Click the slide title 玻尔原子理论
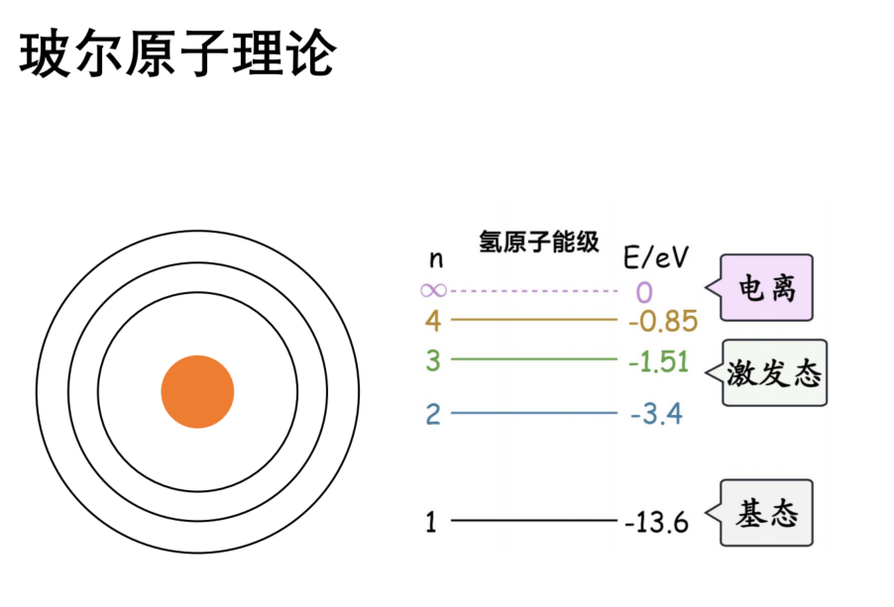pos(177,54)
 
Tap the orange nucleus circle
pos(197,392)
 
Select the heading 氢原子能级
pos(539,242)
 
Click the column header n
pos(435,259)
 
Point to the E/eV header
pos(656,257)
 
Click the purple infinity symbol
pos(433,291)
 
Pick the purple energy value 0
pos(644,293)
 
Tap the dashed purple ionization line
pos(534,291)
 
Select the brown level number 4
pos(433,321)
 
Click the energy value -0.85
pos(663,321)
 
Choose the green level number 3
pos(433,360)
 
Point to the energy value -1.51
pos(658,361)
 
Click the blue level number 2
pos(433,414)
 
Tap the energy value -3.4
pos(656,414)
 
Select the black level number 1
pos(431,522)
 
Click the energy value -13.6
pos(657,522)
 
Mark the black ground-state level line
pos(534,520)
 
